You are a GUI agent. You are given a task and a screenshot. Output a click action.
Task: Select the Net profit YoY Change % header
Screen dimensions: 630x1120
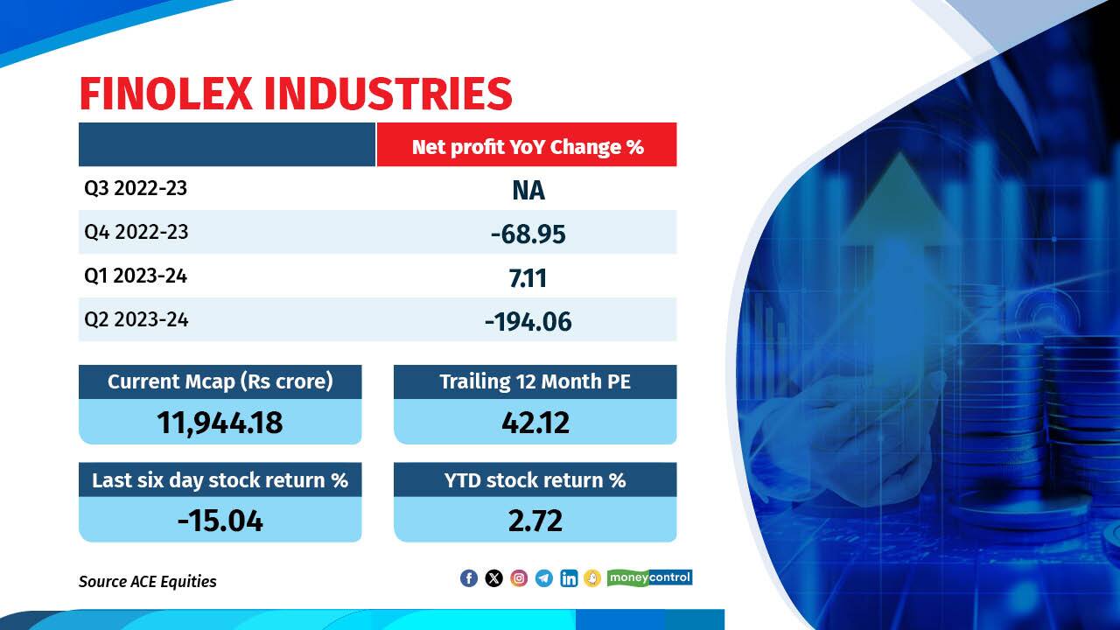click(528, 146)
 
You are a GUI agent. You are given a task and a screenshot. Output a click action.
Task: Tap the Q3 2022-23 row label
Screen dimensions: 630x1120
click(136, 188)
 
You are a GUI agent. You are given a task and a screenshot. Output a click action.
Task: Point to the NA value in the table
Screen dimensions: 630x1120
click(528, 190)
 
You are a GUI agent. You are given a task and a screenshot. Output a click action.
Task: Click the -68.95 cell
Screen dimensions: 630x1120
click(528, 234)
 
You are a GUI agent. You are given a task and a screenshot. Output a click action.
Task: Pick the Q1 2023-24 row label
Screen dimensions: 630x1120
click(136, 276)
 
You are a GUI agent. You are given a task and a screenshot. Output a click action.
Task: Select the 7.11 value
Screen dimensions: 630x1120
click(528, 277)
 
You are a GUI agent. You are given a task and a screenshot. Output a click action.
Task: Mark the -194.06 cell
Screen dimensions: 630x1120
click(528, 321)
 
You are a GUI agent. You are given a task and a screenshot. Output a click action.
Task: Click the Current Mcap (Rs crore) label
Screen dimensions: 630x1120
click(220, 382)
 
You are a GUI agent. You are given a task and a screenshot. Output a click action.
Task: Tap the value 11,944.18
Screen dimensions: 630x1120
click(220, 423)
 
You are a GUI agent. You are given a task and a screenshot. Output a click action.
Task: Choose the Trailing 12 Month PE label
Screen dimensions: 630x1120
click(535, 382)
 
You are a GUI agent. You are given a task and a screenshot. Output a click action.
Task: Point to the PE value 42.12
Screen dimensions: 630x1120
click(535, 423)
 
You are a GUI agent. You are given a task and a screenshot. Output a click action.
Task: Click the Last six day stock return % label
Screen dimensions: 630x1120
click(220, 480)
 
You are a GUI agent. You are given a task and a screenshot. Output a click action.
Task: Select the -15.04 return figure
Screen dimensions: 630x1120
click(220, 521)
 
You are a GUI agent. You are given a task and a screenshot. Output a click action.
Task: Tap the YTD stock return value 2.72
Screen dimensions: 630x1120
click(535, 521)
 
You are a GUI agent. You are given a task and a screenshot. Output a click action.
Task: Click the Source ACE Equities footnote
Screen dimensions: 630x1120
click(147, 581)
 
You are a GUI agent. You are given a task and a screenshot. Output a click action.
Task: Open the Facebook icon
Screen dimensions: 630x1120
click(469, 578)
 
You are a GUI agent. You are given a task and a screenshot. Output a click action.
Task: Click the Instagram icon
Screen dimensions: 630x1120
click(519, 578)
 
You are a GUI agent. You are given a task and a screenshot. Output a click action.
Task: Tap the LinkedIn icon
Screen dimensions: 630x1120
click(569, 578)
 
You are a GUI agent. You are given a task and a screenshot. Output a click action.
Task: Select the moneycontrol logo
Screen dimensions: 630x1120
click(650, 577)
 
